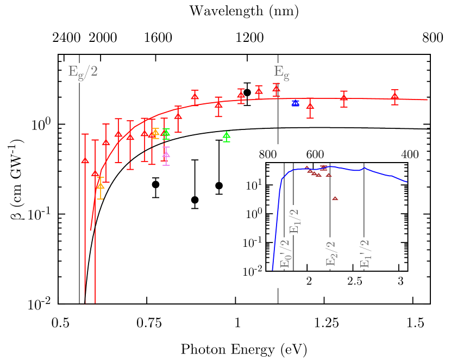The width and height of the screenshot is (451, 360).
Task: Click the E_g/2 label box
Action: click(x=83, y=72)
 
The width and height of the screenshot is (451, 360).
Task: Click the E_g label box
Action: click(x=281, y=72)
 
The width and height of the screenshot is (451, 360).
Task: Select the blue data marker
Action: click(x=296, y=103)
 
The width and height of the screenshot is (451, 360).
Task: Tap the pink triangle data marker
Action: click(x=166, y=154)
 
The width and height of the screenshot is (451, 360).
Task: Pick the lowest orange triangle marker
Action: click(x=100, y=186)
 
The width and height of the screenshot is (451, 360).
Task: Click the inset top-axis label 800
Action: click(x=268, y=154)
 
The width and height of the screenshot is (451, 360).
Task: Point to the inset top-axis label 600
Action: click(x=315, y=154)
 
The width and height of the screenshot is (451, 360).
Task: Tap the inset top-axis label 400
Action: click(x=410, y=154)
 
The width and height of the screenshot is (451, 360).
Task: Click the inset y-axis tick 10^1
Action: click(x=253, y=185)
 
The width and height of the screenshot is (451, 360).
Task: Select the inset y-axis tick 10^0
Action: click(x=253, y=214)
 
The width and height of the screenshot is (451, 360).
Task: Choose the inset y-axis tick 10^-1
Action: click(x=252, y=243)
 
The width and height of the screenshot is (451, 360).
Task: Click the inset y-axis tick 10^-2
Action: click(x=252, y=271)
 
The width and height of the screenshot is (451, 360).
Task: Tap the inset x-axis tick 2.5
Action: click(x=355, y=281)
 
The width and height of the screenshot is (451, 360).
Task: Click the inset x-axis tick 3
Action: click(x=400, y=281)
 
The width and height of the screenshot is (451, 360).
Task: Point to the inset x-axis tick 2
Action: click(x=309, y=281)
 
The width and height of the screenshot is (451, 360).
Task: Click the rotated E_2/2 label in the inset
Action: click(x=330, y=253)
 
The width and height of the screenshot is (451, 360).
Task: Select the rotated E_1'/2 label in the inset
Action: click(x=365, y=253)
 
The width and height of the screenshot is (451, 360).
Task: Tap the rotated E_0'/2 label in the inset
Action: click(x=285, y=253)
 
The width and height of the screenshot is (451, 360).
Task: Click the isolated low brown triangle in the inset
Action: click(x=335, y=198)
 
